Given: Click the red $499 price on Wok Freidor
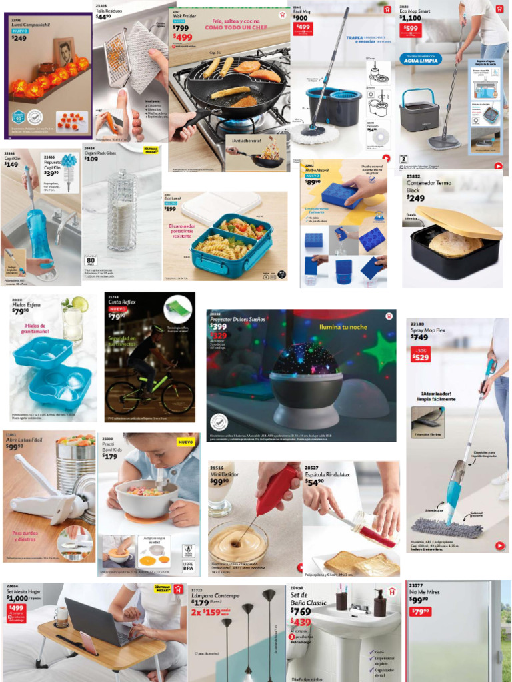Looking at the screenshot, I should pyautogui.click(x=183, y=38).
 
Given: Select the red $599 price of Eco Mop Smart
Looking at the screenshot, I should pyautogui.click(x=411, y=29).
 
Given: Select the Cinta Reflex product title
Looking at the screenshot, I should pyautogui.click(x=121, y=302).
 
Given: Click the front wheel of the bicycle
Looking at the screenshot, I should pyautogui.click(x=177, y=397).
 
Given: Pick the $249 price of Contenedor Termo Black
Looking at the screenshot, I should pyautogui.click(x=415, y=198).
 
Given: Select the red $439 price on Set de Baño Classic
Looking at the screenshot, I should pyautogui.click(x=301, y=622).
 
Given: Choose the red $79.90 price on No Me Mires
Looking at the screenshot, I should pyautogui.click(x=420, y=611).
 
